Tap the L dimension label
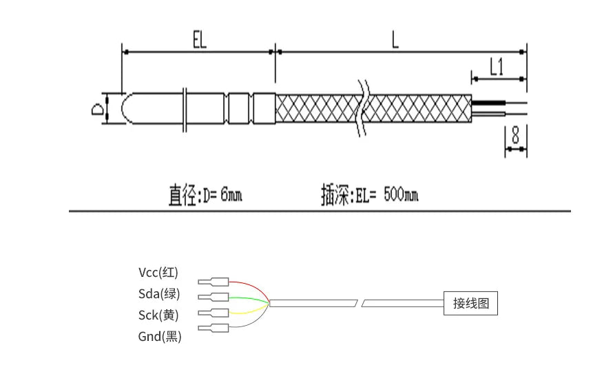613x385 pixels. pos(395,40)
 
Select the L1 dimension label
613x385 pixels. pos(497,67)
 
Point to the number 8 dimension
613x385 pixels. pos(515,135)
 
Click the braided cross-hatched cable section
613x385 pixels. pos(317,109)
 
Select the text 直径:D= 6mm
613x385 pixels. pos(205,196)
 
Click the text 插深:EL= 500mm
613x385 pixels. pos(369,196)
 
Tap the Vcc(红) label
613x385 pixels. pos(158,271)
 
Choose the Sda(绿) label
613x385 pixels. pos(158,293)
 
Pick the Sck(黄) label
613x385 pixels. pos(158,315)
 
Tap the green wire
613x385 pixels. pos(248,298)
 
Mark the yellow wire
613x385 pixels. pos(248,312)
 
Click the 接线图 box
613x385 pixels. pos(470,303)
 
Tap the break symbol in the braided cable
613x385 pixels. pos(363,107)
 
